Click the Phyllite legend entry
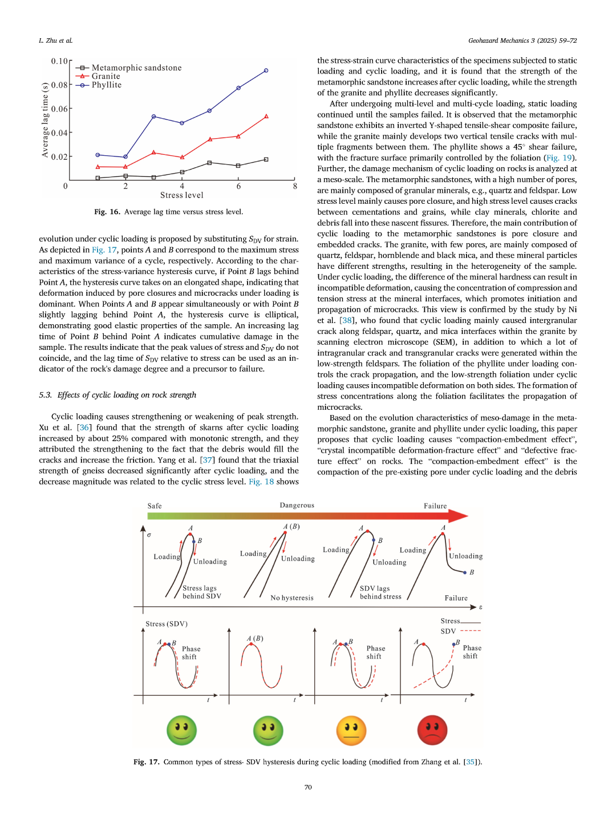pos(107,85)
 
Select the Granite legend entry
pos(106,76)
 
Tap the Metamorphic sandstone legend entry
pos(136,68)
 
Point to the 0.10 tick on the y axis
pos(59,61)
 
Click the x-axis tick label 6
pos(238,186)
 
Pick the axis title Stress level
pos(181,195)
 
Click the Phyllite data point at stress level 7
pos(266,71)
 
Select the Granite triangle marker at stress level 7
pos(266,116)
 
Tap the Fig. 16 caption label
pos(107,212)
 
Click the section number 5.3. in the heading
pos(46,395)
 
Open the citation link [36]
pos(84,428)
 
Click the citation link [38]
pos(346,321)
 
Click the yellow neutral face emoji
pos(351,731)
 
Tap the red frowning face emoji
pos(432,731)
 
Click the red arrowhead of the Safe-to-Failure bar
pos(459,516)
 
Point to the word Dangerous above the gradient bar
pos(297,505)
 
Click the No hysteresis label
pos(292,598)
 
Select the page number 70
pos(308,787)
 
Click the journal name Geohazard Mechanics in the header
pos(499,41)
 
